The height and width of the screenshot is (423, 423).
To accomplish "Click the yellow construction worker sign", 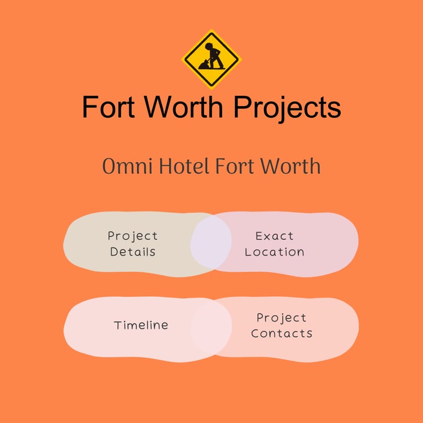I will (x=211, y=59).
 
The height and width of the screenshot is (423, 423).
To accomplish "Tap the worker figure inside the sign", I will (x=211, y=57).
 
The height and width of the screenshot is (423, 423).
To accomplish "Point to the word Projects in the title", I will (x=287, y=107).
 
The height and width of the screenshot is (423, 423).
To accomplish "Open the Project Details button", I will (x=133, y=244).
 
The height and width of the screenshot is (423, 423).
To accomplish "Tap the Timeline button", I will (x=141, y=325).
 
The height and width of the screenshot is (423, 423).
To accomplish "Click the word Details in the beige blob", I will (x=133, y=252).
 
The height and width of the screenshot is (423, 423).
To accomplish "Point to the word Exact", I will (x=275, y=236).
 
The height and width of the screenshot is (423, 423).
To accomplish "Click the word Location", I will (x=275, y=252).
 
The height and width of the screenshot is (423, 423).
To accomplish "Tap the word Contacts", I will (x=281, y=333).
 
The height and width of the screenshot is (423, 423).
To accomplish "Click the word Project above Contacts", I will (x=281, y=318).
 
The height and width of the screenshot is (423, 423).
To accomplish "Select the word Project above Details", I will (x=133, y=236).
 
